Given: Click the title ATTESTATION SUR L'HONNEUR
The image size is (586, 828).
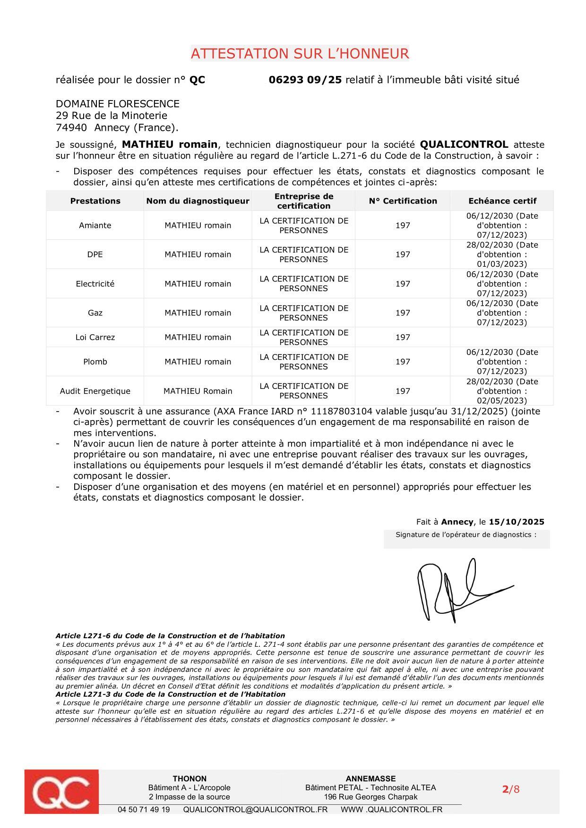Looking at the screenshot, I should [x=300, y=53].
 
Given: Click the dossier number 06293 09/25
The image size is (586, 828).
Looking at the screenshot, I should [x=305, y=80].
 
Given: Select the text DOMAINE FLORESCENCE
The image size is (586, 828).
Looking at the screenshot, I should [x=118, y=104].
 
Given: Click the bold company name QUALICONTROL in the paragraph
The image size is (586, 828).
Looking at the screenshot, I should [x=464, y=144].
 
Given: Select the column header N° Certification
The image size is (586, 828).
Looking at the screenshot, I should [x=403, y=201].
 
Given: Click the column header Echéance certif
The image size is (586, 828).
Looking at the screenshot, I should [x=502, y=201].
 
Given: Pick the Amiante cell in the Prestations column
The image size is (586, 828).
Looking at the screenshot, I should [x=95, y=225].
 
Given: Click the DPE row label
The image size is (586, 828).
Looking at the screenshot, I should [x=95, y=254].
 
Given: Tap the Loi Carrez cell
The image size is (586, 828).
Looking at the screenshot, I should [x=95, y=337].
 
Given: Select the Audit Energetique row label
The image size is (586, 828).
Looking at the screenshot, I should [x=95, y=391].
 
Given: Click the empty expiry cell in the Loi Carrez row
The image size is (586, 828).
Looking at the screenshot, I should [x=502, y=337].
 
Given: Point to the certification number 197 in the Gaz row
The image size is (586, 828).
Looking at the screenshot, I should [x=403, y=313].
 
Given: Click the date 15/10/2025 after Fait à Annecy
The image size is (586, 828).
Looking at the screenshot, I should [x=516, y=522].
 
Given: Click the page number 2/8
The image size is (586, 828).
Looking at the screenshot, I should [x=510, y=789].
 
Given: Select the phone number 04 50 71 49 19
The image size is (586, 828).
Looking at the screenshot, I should [x=144, y=810].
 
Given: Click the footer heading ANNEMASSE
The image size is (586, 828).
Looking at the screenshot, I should [x=371, y=778].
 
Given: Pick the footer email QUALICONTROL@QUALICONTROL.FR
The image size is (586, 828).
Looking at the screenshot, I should [x=255, y=810].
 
